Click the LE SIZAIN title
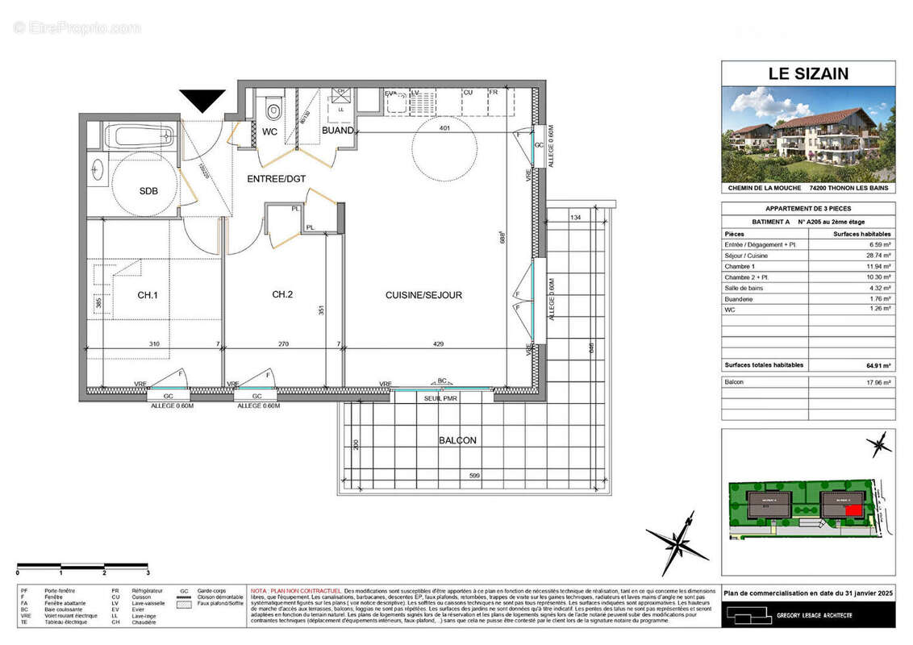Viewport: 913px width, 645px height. point(808,73)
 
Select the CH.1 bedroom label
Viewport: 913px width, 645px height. point(147,295)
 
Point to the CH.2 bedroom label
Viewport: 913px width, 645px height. point(281,295)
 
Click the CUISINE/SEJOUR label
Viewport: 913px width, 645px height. point(423,295)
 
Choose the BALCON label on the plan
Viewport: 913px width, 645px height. point(457,440)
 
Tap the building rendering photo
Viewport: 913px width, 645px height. point(808,133)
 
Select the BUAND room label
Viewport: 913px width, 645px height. point(337,131)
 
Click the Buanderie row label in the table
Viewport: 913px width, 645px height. point(742,298)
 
